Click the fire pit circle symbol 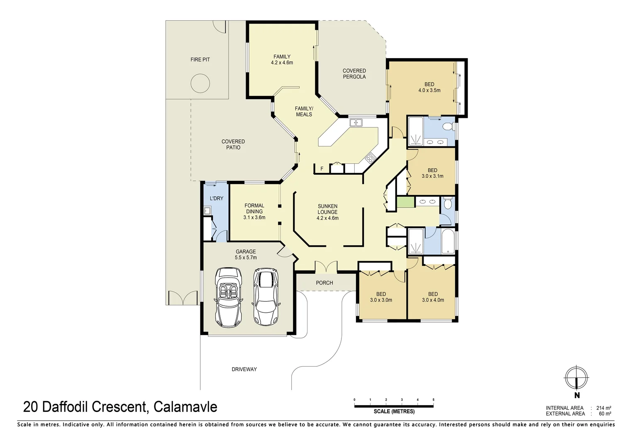(200, 83)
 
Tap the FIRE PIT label (200, 60)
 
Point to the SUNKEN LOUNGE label (327, 212)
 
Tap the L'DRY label (217, 199)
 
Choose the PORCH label (324, 283)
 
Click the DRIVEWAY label (244, 369)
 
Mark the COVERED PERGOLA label (354, 74)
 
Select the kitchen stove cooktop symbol (370, 158)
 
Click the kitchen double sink (356, 122)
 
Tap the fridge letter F (322, 169)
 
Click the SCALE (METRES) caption (394, 411)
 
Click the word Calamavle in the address (185, 407)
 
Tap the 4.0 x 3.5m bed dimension (429, 90)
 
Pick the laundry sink (207, 211)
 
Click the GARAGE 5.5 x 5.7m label (246, 255)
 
